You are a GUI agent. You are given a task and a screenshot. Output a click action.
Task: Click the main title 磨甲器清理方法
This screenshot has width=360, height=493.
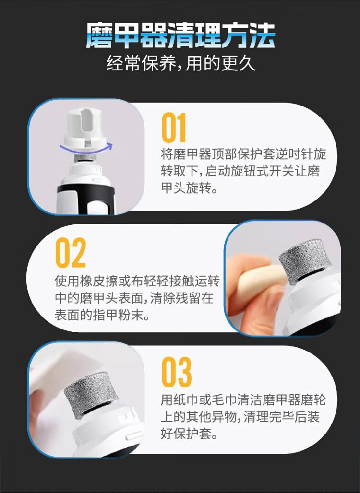click(180, 35)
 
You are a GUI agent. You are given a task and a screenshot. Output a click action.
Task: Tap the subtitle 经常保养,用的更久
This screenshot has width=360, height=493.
click(180, 63)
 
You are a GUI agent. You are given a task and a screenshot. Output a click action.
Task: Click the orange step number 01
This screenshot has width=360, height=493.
click(174, 128)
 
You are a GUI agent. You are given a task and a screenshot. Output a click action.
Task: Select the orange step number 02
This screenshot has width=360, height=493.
click(71, 252)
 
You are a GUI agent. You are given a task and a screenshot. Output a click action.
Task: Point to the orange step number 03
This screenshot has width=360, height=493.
click(176, 372)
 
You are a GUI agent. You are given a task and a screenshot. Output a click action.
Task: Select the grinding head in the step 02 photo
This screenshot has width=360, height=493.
click(301, 261)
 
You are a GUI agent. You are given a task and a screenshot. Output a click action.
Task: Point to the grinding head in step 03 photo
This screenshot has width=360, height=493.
click(91, 395)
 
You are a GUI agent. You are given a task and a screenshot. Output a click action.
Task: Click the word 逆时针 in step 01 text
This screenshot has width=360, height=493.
click(294, 154)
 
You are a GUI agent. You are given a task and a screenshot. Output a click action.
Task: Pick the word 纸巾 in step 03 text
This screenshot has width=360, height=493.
click(185, 400)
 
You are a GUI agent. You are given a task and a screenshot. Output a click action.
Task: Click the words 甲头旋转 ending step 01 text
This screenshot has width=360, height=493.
click(185, 188)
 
